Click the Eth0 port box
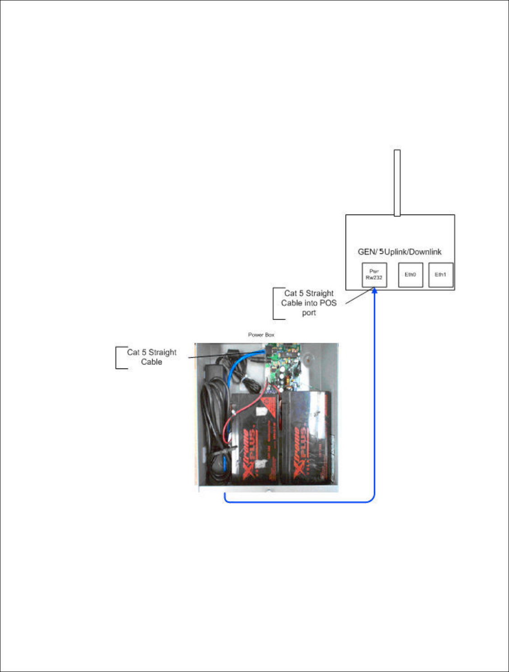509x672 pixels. tap(410, 275)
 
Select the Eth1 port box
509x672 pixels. tap(440, 275)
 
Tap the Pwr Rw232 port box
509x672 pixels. tap(374, 275)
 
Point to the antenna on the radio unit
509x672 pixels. tap(397, 183)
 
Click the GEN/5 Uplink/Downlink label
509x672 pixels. tap(399, 252)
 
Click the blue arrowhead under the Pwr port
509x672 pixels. tap(374, 292)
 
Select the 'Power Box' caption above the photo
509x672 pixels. tap(261, 335)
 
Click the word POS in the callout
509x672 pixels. tap(328, 303)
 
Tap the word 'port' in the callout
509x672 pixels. tap(309, 313)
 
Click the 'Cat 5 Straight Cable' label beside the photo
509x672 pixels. tap(152, 357)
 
